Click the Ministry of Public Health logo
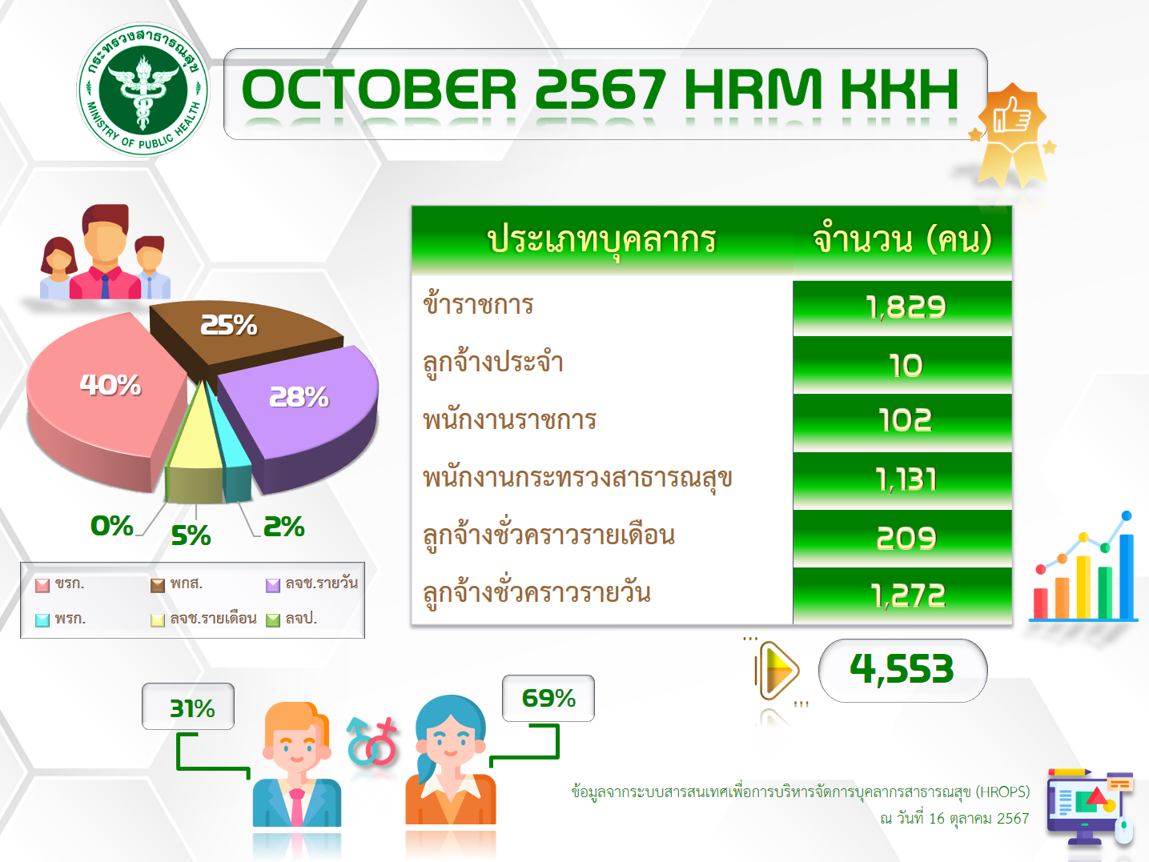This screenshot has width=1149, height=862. pyautogui.click(x=143, y=90)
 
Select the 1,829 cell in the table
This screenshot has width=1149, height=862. pyautogui.click(x=902, y=307)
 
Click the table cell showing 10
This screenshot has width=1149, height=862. pyautogui.click(x=902, y=365)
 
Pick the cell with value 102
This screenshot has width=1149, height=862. pyautogui.click(x=902, y=422)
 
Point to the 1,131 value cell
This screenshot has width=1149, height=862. pyautogui.click(x=902, y=480)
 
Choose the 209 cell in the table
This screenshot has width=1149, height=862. pyautogui.click(x=902, y=538)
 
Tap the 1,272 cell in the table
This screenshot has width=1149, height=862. pyautogui.click(x=902, y=595)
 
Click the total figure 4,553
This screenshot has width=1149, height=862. pyautogui.click(x=902, y=670)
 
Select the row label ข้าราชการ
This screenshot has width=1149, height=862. pyautogui.click(x=478, y=304)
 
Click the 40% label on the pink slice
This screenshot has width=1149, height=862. pyautogui.click(x=110, y=385)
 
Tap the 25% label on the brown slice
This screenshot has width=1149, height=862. pyautogui.click(x=229, y=325)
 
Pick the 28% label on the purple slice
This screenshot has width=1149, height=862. pyautogui.click(x=299, y=398)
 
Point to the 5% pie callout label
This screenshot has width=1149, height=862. pyautogui.click(x=191, y=535)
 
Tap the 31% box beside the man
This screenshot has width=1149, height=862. pyautogui.click(x=188, y=706)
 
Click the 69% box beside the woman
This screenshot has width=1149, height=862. pyautogui.click(x=548, y=698)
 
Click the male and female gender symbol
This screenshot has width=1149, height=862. pyautogui.click(x=372, y=741)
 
